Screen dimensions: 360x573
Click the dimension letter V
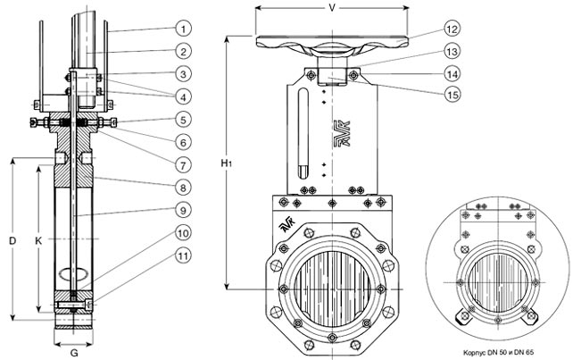coord(332,8)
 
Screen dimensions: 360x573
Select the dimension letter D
coord(11,240)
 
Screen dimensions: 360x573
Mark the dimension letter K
coord(38,240)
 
